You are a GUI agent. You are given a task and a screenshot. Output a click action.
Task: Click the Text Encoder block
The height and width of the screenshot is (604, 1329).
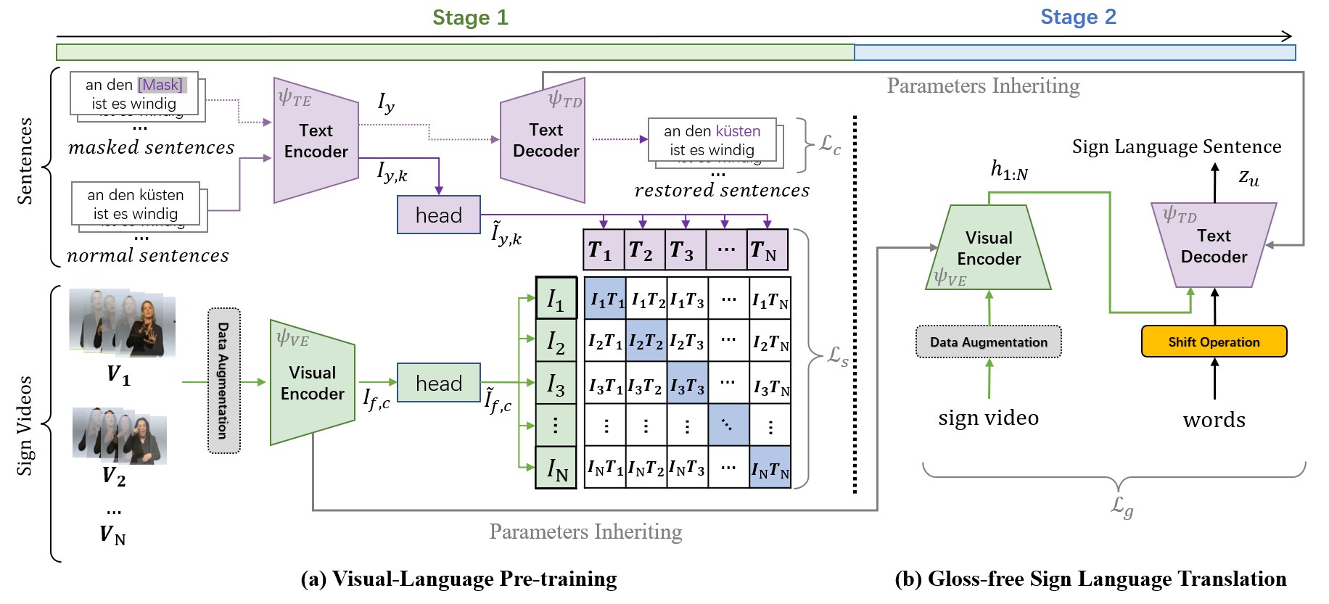(316, 141)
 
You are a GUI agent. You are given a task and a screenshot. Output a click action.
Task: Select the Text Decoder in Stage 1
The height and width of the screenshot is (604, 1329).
(545, 141)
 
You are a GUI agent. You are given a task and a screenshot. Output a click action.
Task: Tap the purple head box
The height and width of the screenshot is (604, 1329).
(438, 215)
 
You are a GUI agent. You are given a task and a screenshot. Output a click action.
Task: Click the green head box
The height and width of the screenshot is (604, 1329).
(438, 383)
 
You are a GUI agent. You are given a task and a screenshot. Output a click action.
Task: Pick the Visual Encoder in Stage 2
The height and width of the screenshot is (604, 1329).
(988, 248)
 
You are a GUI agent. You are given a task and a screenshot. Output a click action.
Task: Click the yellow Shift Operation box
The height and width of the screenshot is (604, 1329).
(1214, 342)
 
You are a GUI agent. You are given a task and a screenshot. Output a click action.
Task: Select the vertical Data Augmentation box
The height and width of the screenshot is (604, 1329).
(223, 381)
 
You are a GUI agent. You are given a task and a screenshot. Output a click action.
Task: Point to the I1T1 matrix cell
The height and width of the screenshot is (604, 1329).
(605, 299)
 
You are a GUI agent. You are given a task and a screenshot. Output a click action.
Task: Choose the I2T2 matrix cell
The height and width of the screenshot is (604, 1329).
(646, 341)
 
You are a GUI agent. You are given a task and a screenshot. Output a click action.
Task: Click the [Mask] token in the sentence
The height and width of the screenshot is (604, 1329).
(161, 85)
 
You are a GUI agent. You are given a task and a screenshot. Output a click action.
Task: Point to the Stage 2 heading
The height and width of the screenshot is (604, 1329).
(1078, 17)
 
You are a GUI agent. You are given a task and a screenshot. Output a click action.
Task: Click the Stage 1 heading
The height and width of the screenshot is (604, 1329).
(470, 17)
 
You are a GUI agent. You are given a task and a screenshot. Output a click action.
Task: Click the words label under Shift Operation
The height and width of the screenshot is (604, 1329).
(1214, 420)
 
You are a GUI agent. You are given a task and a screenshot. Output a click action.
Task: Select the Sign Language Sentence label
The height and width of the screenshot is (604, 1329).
(1176, 147)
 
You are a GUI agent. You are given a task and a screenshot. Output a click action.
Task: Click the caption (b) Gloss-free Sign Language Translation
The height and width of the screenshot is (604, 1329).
(1090, 579)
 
